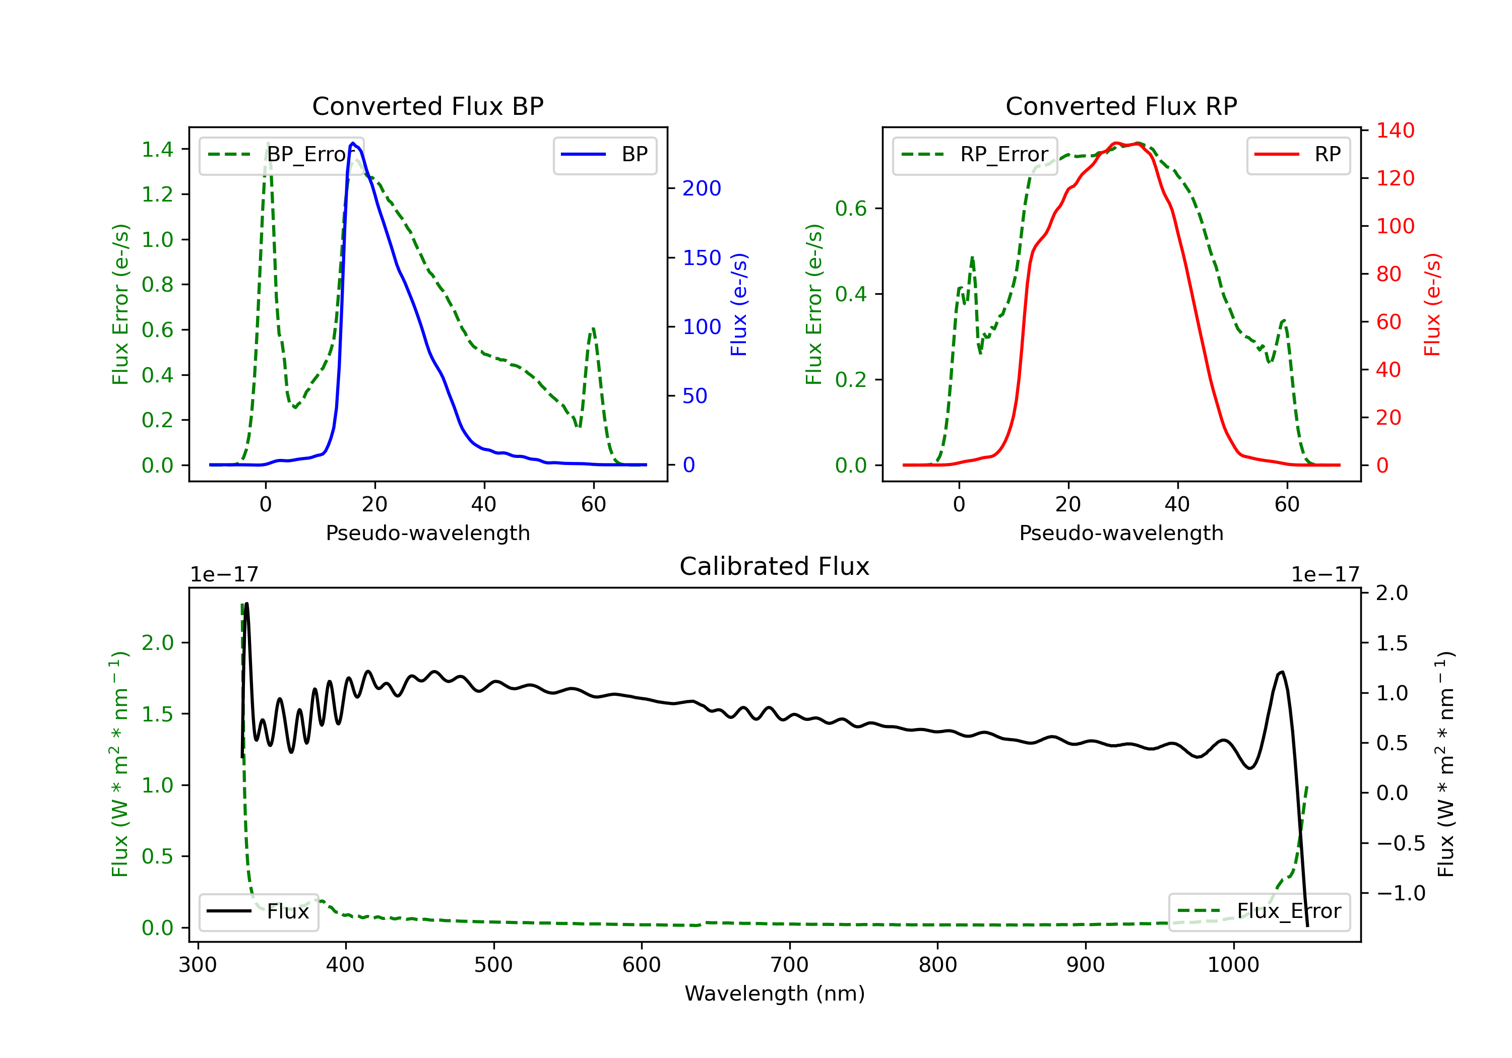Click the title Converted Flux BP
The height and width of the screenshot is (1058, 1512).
(428, 106)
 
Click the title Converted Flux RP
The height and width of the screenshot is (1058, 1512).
(1121, 106)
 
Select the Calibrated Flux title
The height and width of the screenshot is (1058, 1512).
(775, 566)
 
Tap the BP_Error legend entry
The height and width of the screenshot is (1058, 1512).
(282, 155)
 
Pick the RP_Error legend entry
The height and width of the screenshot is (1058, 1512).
(975, 155)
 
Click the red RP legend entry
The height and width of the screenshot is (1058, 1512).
(1299, 155)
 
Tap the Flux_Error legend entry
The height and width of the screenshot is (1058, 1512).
(1259, 912)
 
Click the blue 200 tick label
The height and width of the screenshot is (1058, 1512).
(702, 188)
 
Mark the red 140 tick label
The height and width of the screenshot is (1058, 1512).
(1396, 130)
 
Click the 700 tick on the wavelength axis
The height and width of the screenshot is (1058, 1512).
(790, 965)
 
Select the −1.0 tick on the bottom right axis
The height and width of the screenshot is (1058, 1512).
(1401, 893)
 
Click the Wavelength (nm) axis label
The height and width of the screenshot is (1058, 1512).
(775, 994)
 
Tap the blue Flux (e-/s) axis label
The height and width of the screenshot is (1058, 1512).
(739, 305)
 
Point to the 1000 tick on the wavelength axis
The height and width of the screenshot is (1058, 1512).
(1233, 965)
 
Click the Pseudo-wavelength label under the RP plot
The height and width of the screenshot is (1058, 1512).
(1121, 533)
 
